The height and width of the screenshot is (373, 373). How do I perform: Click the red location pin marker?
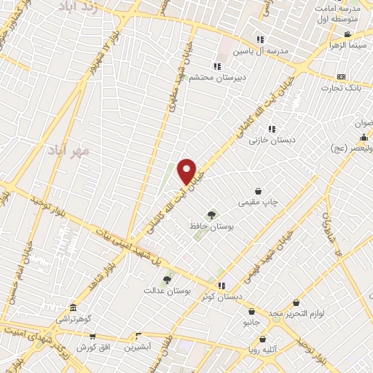coord(187,172)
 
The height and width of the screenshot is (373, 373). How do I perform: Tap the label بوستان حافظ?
coord(211,227)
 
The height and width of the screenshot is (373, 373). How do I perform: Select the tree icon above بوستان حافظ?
coord(211,215)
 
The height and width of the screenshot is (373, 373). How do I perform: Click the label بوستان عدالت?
coord(167,290)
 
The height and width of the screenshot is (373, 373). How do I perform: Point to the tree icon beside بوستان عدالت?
coord(167,278)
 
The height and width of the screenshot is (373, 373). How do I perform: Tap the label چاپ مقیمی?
coord(259,203)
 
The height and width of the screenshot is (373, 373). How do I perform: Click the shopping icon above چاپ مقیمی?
coord(259,190)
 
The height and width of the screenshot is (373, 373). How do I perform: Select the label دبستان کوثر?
coord(222,297)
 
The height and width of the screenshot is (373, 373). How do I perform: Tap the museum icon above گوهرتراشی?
coord(73,307)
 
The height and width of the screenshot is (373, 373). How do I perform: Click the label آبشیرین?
coord(137,348)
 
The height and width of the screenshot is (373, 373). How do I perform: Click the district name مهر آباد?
coord(68,150)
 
